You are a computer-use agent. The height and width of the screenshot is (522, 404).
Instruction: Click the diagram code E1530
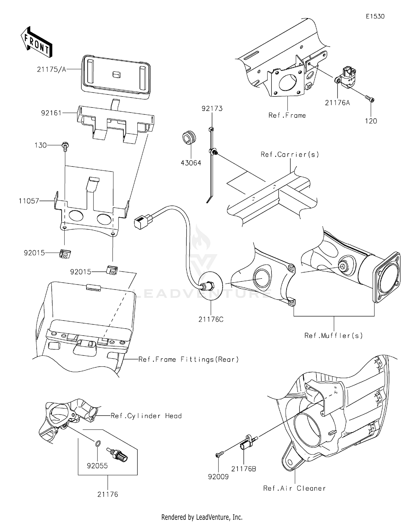click(x=375, y=16)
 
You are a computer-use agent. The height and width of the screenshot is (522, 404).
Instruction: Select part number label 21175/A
click(x=51, y=69)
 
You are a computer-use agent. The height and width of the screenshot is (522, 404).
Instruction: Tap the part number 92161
click(x=51, y=113)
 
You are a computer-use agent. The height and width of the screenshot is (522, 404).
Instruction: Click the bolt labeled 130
click(x=65, y=146)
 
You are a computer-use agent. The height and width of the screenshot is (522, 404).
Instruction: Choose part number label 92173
click(x=212, y=109)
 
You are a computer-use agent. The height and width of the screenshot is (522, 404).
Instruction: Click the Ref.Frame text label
click(x=287, y=116)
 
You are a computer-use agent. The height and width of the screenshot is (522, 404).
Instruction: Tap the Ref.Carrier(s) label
click(x=290, y=154)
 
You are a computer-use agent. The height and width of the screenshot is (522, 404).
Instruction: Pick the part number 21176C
click(x=211, y=319)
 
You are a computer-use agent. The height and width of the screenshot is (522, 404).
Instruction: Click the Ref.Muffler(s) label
click(x=333, y=336)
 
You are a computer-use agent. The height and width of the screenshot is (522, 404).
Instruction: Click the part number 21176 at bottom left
click(x=108, y=494)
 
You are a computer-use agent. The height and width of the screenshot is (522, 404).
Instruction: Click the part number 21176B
click(x=243, y=469)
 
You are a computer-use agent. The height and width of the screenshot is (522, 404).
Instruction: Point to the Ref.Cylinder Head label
click(x=146, y=416)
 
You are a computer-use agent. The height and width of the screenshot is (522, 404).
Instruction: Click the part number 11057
click(x=29, y=201)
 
